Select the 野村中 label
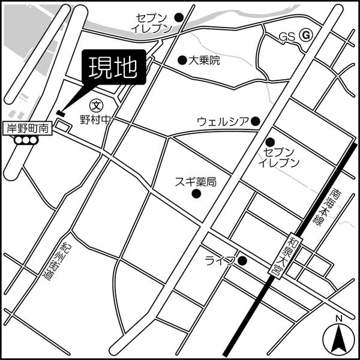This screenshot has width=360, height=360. (x=95, y=119)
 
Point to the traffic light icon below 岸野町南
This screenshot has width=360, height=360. (x=26, y=140)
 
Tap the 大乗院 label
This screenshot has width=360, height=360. (x=205, y=60)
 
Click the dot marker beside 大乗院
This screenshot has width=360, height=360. (x=182, y=59)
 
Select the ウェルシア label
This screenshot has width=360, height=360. (x=223, y=122)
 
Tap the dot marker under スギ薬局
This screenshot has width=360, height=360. (x=196, y=193)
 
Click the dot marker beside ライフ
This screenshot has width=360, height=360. (x=242, y=260)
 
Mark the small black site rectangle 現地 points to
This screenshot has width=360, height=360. (x=60, y=113)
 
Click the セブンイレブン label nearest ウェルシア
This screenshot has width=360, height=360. (x=278, y=157)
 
